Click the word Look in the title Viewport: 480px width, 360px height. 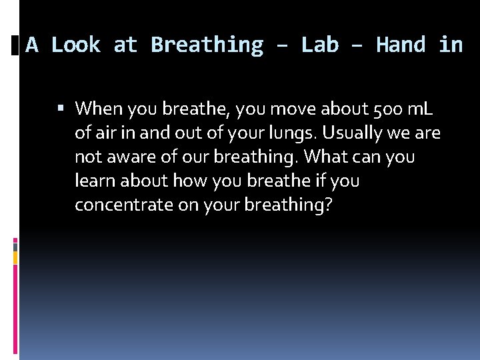75,45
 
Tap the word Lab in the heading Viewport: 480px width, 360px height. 319,45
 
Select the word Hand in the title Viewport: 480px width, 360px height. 401,45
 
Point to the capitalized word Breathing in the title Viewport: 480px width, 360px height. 207,45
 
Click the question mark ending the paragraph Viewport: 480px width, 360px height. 328,205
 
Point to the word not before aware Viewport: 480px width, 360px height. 87,157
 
